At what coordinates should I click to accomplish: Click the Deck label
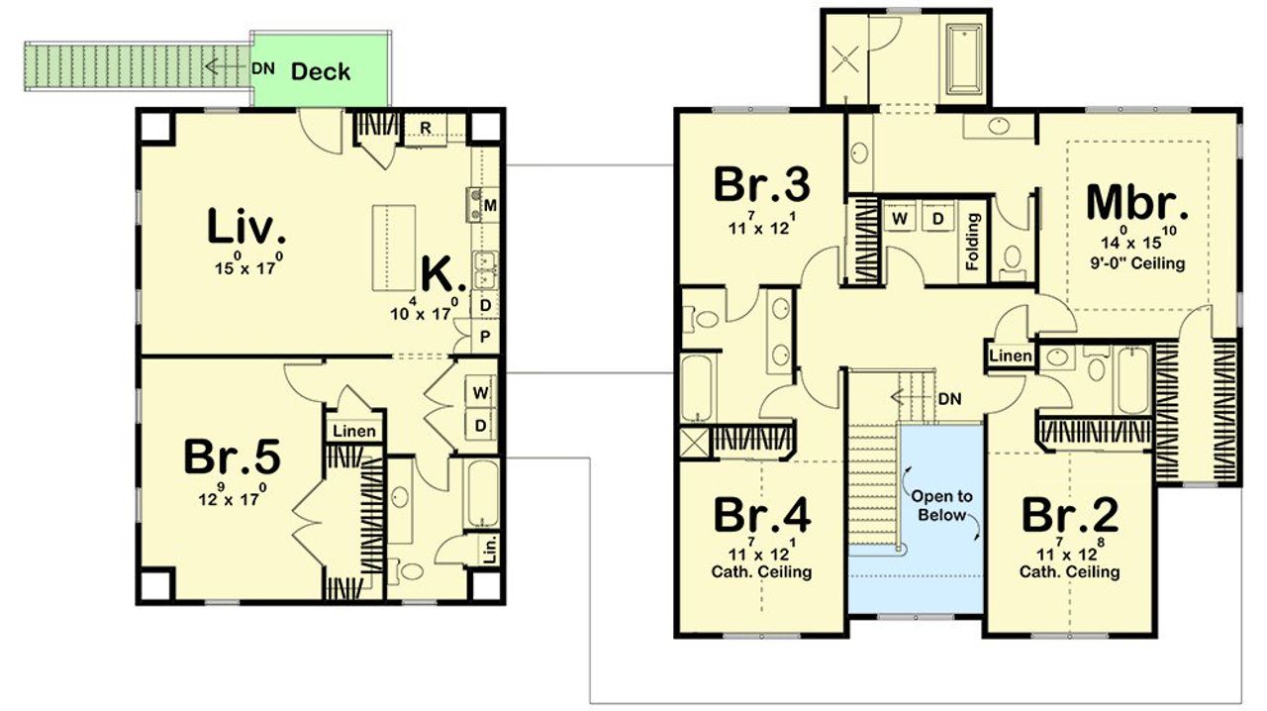click(x=320, y=71)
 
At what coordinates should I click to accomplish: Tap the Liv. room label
click(x=246, y=227)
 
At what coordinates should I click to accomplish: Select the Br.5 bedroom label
click(x=232, y=457)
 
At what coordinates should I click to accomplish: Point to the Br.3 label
click(x=762, y=184)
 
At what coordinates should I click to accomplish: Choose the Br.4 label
click(x=762, y=516)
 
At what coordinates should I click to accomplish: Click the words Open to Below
click(x=942, y=505)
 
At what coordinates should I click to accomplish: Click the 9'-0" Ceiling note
click(x=1136, y=263)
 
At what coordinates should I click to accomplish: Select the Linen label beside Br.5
click(x=353, y=432)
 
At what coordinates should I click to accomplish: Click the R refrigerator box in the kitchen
click(x=424, y=127)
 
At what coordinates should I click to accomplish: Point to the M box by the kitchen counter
click(x=489, y=205)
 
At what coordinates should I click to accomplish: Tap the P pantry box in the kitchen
click(x=485, y=337)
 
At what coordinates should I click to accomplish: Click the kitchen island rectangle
click(x=393, y=248)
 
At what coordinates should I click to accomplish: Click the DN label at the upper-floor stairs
click(x=949, y=399)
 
